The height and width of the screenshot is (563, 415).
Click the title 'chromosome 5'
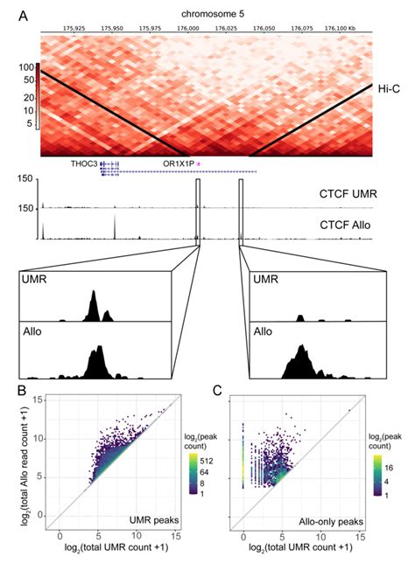pos(207,15)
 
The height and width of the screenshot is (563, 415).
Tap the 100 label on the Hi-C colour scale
pos(25,67)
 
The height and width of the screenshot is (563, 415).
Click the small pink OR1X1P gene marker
pos(199,163)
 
